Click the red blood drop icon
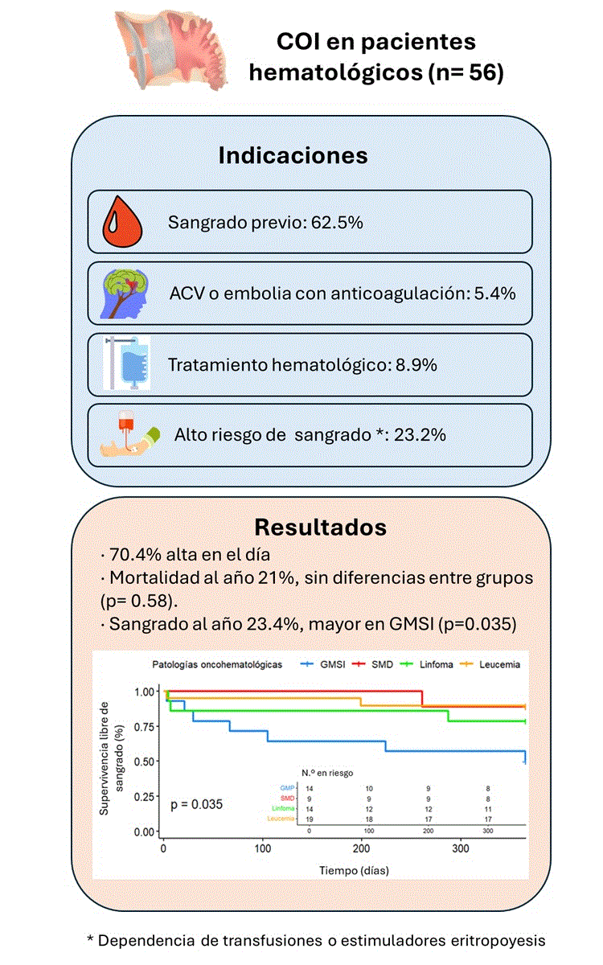tap(123, 221)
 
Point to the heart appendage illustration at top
tap(170, 50)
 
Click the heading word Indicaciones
tap(293, 155)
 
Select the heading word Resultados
tap(320, 528)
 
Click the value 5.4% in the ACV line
tap(493, 293)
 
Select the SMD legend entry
tap(375, 664)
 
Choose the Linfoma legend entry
tap(430, 664)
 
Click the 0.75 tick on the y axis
tap(146, 726)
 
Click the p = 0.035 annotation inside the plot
tap(196, 803)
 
